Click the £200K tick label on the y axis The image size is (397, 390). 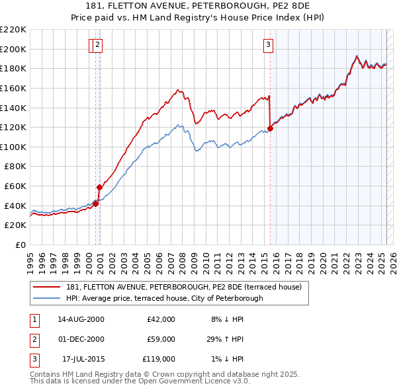[x=13, y=49]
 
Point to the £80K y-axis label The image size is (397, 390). [x=15, y=167]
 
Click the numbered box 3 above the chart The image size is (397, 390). [x=269, y=45]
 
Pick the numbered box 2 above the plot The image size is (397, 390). [x=98, y=45]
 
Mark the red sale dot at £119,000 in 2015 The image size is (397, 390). [x=270, y=128]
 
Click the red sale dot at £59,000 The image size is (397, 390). [x=99, y=187]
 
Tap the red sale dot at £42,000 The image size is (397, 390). [x=95, y=204]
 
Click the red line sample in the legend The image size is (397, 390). [x=48, y=287]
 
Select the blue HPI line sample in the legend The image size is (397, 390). [x=48, y=298]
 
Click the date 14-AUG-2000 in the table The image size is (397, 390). [x=81, y=319]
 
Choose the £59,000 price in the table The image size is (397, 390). [x=161, y=339]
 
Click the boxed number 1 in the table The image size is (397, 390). [x=34, y=319]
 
